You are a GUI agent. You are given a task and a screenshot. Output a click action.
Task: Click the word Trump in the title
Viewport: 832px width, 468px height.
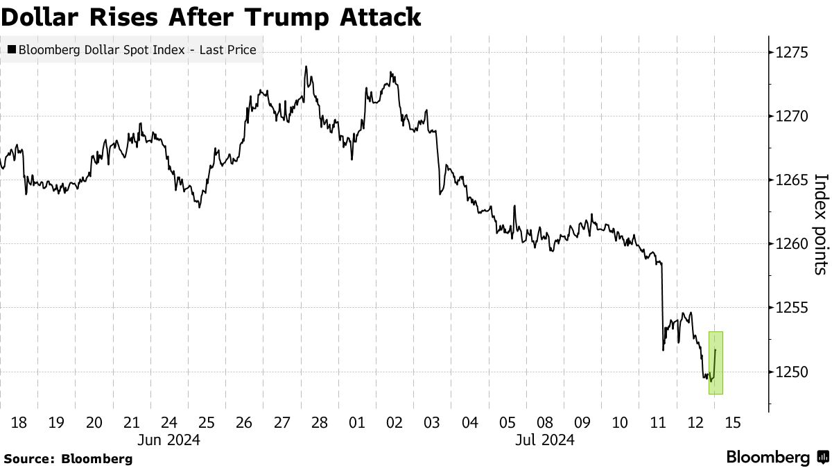286,17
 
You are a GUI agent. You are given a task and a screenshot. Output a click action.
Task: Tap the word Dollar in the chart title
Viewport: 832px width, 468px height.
42,17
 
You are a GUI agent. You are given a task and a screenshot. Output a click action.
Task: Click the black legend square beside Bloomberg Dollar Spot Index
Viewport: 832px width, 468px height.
12,49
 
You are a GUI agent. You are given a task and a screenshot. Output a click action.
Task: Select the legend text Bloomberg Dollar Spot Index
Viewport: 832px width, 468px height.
102,50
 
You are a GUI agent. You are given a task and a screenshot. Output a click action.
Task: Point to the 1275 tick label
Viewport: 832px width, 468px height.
792,53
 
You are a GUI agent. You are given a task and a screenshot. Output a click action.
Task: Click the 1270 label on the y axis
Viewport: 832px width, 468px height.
792,116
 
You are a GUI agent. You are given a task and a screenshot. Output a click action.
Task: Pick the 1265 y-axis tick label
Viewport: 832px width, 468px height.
792,180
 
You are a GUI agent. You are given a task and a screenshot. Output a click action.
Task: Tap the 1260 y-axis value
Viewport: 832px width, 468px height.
792,244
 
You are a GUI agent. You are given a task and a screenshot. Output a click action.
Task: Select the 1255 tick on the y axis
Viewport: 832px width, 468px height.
792,308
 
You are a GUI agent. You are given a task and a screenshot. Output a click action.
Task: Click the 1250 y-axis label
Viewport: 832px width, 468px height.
792,372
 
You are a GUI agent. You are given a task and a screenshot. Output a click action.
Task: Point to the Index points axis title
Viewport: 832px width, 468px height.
821,225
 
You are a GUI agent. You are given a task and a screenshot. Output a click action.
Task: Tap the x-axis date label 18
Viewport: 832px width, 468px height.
19,423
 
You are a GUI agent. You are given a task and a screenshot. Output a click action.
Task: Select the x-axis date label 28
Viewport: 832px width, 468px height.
320,423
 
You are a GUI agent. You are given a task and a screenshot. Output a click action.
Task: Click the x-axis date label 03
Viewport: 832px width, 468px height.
432,423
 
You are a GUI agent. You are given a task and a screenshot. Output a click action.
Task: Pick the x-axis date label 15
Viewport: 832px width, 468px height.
732,423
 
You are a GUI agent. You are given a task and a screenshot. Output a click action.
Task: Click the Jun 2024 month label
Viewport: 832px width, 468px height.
168,440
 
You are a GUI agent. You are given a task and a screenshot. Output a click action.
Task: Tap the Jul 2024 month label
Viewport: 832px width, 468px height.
545,440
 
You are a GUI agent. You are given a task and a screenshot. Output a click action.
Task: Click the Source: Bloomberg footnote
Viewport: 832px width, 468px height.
68,459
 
